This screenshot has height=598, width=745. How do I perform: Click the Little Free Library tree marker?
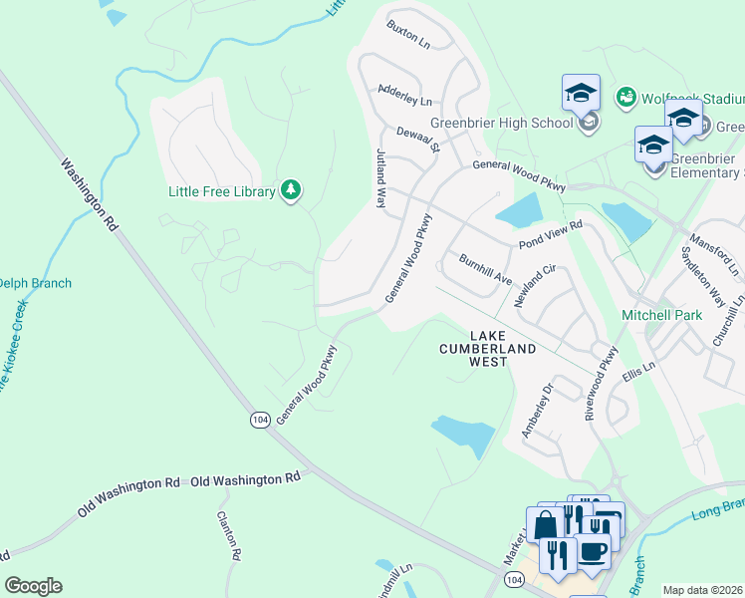coord(290,189)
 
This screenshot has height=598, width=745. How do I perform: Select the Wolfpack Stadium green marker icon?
coord(626,98)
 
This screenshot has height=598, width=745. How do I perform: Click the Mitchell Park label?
coord(662,315)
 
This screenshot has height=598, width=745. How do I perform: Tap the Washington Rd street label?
coord(89,195)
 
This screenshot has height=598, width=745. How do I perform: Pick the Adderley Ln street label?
coord(405,95)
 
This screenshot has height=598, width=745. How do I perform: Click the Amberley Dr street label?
coord(536,411)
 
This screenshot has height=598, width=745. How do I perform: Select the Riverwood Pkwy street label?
coord(603,382)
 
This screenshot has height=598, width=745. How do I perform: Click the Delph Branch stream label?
coord(36,283)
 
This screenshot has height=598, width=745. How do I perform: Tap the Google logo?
coord(33,586)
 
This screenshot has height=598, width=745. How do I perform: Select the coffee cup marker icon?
coord(593,551)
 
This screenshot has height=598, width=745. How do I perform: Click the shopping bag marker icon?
coord(545,524)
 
